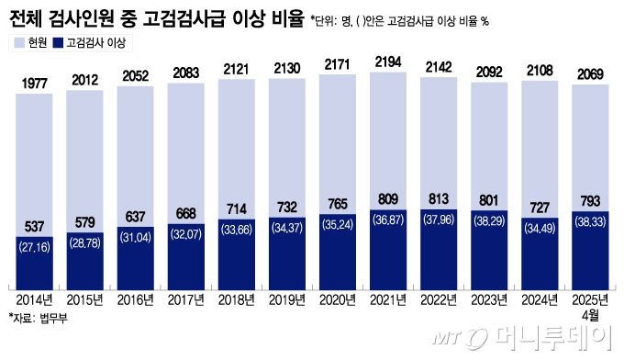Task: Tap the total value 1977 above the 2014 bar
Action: [34, 84]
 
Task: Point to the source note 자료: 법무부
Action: [38, 318]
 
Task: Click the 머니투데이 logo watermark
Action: [551, 341]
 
